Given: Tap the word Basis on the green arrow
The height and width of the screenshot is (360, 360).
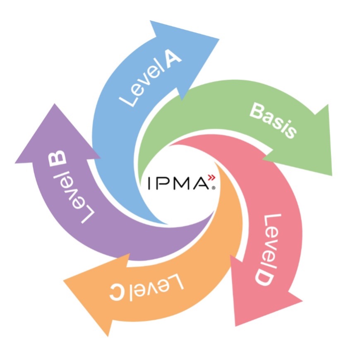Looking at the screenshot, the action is (273, 121).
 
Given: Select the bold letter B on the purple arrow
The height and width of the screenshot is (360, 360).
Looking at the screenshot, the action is (58, 159).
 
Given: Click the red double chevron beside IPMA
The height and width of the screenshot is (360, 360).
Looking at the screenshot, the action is (211, 178).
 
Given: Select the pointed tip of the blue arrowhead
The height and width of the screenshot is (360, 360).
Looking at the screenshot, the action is (219, 39).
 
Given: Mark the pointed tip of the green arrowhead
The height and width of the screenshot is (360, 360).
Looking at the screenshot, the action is (332, 176).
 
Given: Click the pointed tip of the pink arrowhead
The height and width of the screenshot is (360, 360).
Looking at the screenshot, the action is (236, 326).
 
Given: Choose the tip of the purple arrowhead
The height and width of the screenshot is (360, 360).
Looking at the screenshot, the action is (55, 104).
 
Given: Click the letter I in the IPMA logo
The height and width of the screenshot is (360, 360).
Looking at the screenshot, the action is (149, 183).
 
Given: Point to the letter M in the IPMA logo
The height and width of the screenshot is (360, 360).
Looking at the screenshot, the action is (181, 183).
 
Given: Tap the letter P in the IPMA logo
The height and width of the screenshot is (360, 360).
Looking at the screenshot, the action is (162, 183).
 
